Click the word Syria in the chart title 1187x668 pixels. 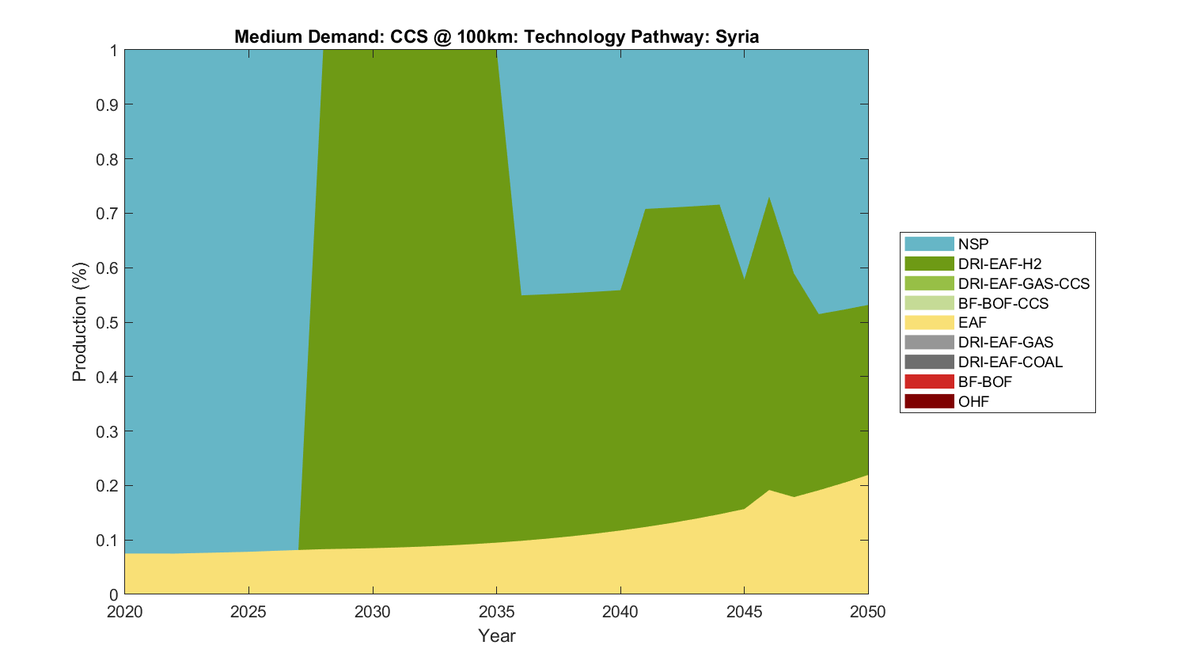click(737, 36)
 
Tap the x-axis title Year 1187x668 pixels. click(496, 636)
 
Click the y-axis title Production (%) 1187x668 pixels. click(79, 322)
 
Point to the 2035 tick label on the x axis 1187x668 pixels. click(496, 612)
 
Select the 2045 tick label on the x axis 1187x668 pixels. click(744, 612)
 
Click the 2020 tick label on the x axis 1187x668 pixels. click(125, 612)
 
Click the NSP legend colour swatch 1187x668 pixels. click(928, 244)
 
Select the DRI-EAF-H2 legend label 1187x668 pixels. click(999, 264)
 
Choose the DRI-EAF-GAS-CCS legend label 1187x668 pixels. click(1023, 283)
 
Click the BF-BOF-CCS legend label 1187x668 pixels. click(1003, 303)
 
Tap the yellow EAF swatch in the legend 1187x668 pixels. click(928, 322)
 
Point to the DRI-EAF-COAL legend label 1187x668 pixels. click(1010, 362)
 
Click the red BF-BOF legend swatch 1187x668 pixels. click(928, 381)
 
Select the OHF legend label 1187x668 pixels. click(973, 401)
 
